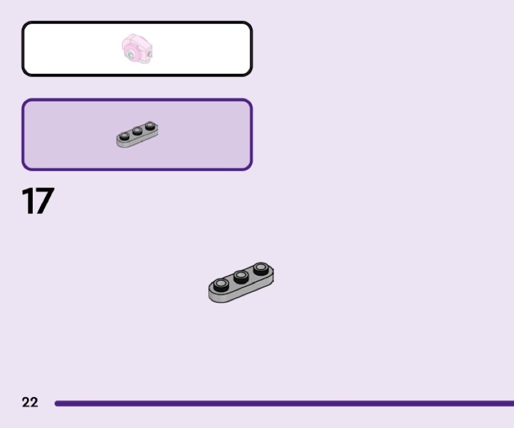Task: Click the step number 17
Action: [38, 201]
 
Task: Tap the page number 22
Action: [30, 402]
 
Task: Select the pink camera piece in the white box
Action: [137, 49]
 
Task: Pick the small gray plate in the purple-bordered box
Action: [137, 134]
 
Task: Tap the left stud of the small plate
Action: [125, 136]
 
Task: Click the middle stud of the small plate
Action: [137, 131]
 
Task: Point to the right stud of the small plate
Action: [150, 126]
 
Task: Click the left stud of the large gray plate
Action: [220, 285]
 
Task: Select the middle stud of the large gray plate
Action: [241, 276]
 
